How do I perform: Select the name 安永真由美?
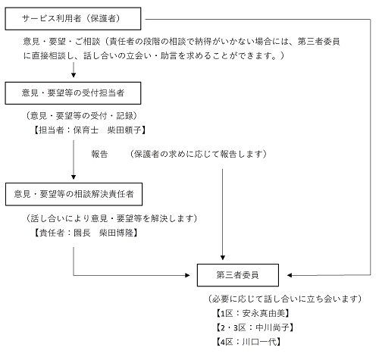tap(264, 313)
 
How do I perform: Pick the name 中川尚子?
tap(272, 327)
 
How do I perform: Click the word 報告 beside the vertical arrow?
tap(99, 154)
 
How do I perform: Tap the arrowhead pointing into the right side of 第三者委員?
tap(290, 275)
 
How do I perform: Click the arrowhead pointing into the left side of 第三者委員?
tap(187, 275)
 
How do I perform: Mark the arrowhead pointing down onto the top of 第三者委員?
tap(223, 258)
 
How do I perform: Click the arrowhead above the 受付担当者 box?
tap(74, 75)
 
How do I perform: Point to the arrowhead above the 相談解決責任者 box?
tap(74, 177)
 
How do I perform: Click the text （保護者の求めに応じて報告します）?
tap(199, 154)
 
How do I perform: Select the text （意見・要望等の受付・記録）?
tap(82, 116)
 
